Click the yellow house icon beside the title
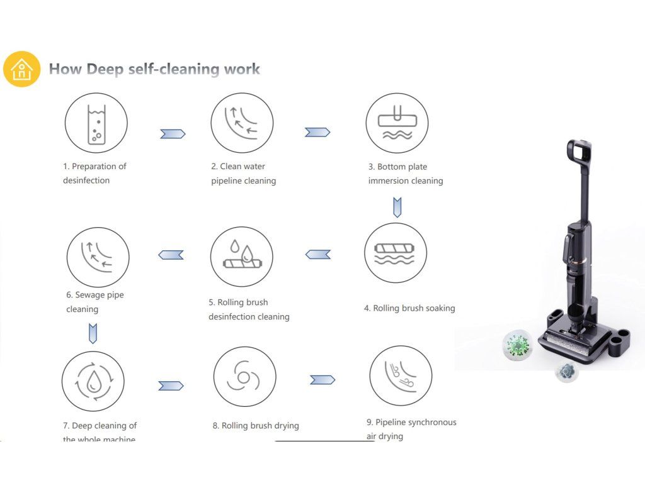tap(21, 69)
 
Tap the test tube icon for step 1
tap(96, 123)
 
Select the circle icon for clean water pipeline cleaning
tap(242, 123)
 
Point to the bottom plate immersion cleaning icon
tap(397, 123)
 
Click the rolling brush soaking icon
tap(396, 253)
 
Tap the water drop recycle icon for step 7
tap(93, 381)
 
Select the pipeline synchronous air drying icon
tap(401, 375)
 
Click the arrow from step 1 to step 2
tap(173, 133)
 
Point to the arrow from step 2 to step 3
tap(317, 132)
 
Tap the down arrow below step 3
tap(397, 207)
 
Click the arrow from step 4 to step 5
tap(318, 254)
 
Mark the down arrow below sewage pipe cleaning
tap(93, 333)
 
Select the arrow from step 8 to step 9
tap(322, 380)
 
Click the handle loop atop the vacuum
tap(579, 151)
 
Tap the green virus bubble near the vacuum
tap(518, 345)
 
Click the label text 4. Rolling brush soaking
tap(409, 308)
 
